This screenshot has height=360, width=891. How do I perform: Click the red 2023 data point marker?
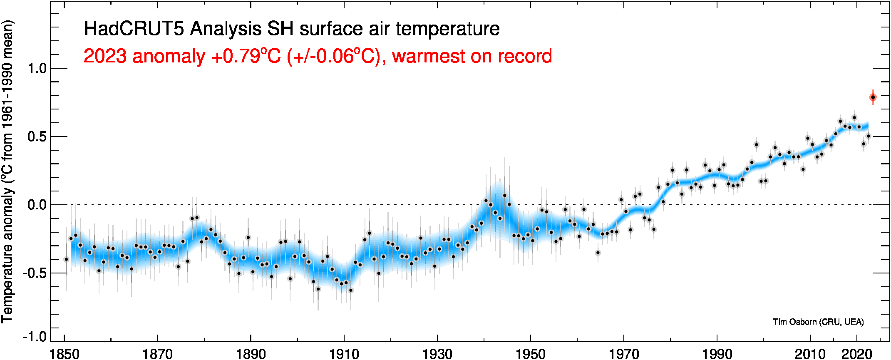pyautogui.click(x=873, y=97)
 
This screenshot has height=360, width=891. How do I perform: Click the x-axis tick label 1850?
pyautogui.click(x=65, y=354)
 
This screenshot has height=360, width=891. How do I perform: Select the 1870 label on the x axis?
pyautogui.click(x=157, y=354)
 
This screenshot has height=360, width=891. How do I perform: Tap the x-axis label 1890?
pyautogui.click(x=251, y=354)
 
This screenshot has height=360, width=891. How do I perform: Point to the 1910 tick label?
pyautogui.click(x=344, y=354)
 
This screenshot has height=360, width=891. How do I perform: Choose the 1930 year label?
pyautogui.click(x=437, y=354)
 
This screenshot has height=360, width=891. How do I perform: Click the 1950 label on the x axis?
pyautogui.click(x=530, y=354)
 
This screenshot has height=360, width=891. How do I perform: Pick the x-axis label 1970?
pyautogui.click(x=623, y=354)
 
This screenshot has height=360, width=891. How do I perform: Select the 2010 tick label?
pyautogui.click(x=810, y=354)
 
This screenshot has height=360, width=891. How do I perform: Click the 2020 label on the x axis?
pyautogui.click(x=856, y=354)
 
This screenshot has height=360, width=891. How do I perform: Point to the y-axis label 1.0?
pyautogui.click(x=37, y=69)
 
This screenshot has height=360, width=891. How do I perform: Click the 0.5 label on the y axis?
pyautogui.click(x=37, y=137)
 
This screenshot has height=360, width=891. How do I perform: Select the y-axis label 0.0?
pyautogui.click(x=37, y=205)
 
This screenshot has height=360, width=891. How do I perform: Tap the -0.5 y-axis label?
pyautogui.click(x=35, y=273)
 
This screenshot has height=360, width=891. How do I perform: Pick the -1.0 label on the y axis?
pyautogui.click(x=35, y=336)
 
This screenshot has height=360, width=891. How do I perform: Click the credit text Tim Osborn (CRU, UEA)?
pyautogui.click(x=818, y=322)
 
